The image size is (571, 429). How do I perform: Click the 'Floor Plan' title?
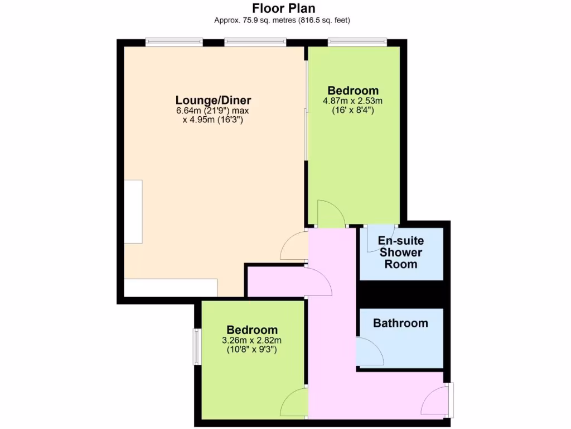point(284,8)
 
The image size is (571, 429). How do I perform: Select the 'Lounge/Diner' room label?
point(213,101)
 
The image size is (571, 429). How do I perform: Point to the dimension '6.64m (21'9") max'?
point(213,111)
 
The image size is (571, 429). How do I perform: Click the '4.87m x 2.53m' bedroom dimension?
point(352,101)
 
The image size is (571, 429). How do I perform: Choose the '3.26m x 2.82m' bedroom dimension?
point(252,340)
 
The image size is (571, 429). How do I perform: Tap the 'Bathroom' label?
point(400,323)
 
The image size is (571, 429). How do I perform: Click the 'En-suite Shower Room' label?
point(401,252)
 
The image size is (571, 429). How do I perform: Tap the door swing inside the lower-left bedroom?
point(294,402)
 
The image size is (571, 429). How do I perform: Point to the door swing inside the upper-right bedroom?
point(330,214)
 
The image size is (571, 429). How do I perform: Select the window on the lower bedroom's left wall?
point(197,346)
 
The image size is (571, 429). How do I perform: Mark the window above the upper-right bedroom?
point(357,41)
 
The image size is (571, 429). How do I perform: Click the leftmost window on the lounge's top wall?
point(174,41)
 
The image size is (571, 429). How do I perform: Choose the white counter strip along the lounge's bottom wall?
point(170,288)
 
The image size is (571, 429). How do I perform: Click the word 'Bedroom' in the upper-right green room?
point(352,90)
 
